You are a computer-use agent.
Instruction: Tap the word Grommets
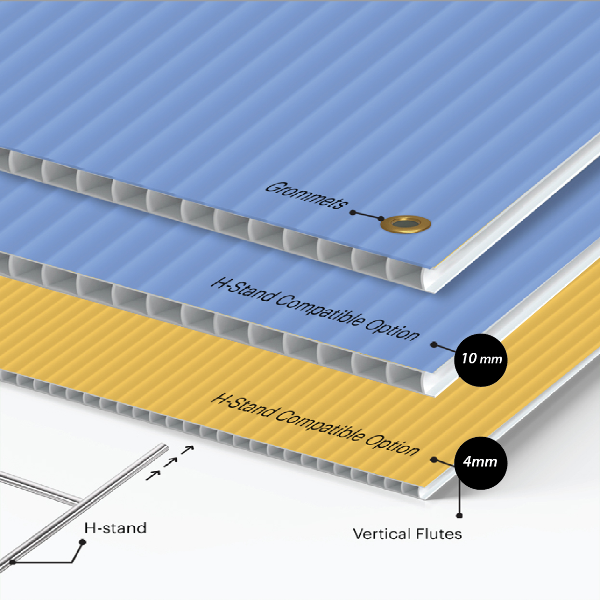coord(307,195)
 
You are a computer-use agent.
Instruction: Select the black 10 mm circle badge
coord(480,360)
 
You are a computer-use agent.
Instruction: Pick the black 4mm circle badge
coord(480,463)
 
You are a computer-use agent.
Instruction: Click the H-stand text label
coord(115,528)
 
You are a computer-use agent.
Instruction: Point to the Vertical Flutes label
coord(407,534)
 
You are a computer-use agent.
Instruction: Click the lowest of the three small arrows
coord(153,475)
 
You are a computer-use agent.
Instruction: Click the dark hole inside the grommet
coord(406,224)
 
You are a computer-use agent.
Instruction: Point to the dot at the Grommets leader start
coord(353,213)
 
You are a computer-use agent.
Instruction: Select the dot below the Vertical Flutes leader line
coord(459,516)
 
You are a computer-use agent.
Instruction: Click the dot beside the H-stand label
coord(82,542)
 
